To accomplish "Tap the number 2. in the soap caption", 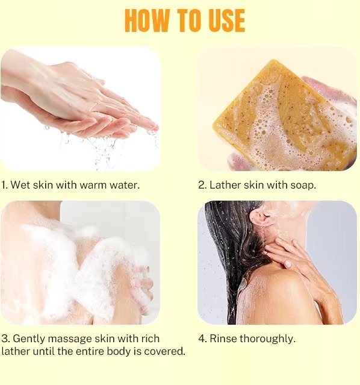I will click(x=202, y=185).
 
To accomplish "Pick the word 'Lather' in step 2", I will click(x=225, y=185).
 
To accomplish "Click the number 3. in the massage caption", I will click(x=5, y=339).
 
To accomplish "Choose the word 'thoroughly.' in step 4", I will click(x=268, y=339).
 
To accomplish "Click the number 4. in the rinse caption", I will click(x=202, y=339).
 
